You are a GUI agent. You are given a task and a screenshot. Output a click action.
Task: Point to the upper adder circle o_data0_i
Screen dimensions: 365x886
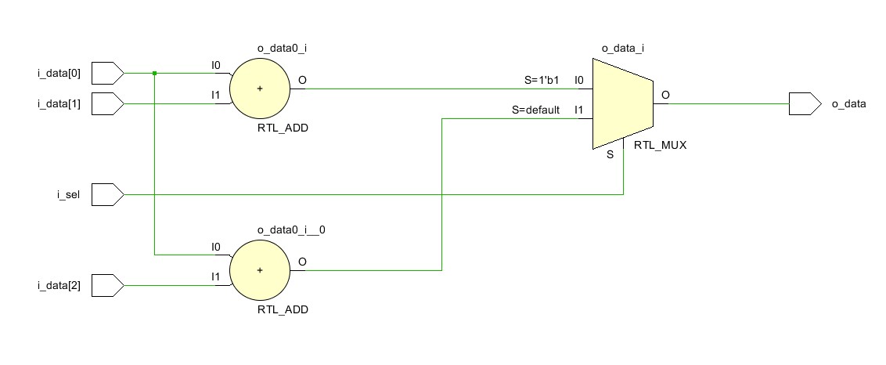(x=259, y=89)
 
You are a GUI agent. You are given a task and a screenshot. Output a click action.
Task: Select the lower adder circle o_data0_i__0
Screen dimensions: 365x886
(x=259, y=270)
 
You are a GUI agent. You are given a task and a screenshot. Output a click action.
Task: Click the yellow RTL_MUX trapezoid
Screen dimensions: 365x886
(x=622, y=103)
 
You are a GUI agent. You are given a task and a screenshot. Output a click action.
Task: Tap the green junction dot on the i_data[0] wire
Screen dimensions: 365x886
(x=155, y=74)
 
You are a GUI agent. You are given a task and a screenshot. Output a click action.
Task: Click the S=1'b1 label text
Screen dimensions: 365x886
(x=542, y=80)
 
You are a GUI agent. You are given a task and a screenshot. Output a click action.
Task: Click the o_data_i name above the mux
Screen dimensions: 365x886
(x=621, y=49)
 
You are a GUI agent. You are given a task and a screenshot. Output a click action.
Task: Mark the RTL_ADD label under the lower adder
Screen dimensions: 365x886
(x=283, y=309)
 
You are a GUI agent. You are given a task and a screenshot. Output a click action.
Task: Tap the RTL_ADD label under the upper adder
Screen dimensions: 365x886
(x=283, y=128)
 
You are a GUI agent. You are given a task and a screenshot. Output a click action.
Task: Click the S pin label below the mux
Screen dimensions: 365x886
(x=610, y=155)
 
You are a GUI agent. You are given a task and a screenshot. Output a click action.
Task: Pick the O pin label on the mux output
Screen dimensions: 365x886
(x=665, y=95)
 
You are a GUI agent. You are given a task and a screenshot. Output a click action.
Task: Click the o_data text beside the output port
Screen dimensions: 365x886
(x=848, y=103)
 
